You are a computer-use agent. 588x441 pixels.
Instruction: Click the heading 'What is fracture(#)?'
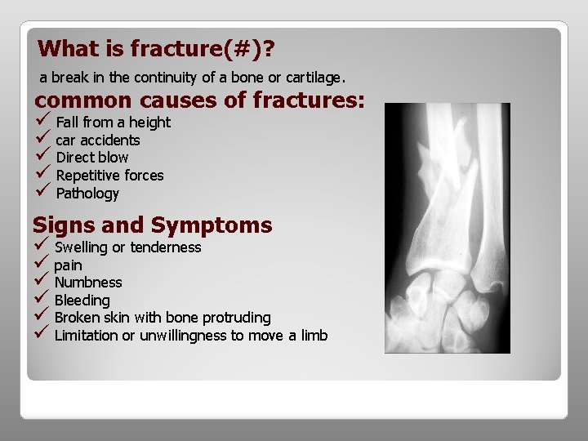click(156, 49)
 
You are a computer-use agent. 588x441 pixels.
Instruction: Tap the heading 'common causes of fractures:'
click(199, 101)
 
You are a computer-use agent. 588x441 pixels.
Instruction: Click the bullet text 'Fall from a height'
click(113, 122)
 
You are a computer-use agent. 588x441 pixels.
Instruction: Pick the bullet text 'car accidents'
click(97, 140)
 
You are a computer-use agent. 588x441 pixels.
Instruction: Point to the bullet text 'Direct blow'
click(91, 158)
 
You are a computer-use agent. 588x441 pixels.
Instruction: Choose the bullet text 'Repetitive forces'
click(109, 176)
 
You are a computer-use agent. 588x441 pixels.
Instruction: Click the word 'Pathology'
click(87, 194)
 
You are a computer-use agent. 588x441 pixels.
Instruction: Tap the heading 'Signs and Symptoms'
click(152, 225)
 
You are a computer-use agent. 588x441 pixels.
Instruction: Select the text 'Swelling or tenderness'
click(127, 247)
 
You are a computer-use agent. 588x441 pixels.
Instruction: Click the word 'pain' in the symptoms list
click(68, 265)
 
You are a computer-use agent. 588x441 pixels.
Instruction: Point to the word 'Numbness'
click(88, 283)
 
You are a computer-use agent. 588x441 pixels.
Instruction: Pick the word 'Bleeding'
click(82, 301)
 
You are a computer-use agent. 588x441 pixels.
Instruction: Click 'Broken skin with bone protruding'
click(163, 318)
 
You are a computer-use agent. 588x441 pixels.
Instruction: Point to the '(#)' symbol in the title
click(247, 49)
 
